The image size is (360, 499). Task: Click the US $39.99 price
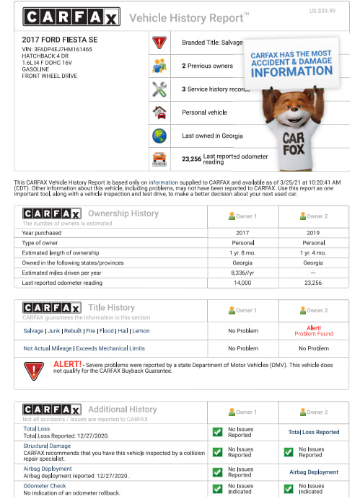tap(322, 11)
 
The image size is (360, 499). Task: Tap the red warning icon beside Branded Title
tap(159, 43)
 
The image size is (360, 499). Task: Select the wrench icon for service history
tap(159, 89)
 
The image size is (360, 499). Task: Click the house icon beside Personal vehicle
tap(159, 112)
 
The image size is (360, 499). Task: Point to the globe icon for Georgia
tap(159, 136)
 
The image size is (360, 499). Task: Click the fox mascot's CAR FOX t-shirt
tap(293, 141)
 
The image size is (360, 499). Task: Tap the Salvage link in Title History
tap(33, 331)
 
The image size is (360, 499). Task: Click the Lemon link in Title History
tap(141, 331)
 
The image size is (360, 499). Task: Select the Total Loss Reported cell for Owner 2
tap(314, 432)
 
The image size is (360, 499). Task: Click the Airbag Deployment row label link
tap(48, 469)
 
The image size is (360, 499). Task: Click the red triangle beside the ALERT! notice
tap(34, 371)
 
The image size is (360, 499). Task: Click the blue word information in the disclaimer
tap(164, 182)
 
